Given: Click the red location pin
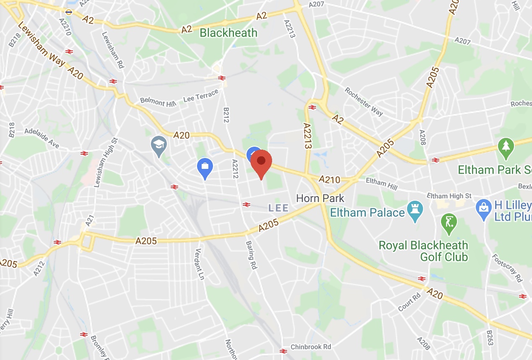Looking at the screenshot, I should click(261, 162).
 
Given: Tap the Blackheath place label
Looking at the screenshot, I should click(228, 33).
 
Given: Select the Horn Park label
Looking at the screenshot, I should click(320, 198).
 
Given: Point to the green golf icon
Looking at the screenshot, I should click(449, 222).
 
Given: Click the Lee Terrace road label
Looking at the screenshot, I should click(201, 96).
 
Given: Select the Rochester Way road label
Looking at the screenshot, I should click(364, 101).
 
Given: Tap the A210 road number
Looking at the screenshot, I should click(330, 179).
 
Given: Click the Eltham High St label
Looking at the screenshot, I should click(449, 196).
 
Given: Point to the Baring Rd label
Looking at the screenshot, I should click(251, 254).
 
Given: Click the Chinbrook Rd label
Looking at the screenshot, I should click(311, 347).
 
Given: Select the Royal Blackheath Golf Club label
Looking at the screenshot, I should click(423, 251).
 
